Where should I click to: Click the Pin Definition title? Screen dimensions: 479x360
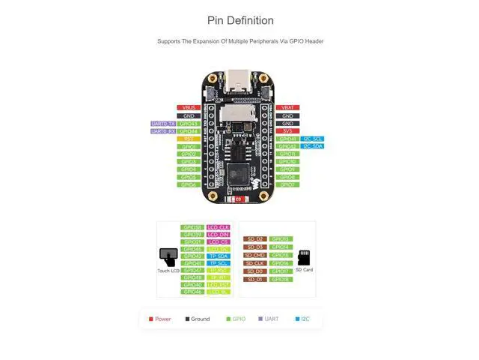[x=240, y=20]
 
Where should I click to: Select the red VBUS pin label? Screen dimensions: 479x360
[x=189, y=108]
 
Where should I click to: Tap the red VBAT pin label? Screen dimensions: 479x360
[x=287, y=108]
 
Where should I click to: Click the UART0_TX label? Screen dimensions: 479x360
[x=163, y=124]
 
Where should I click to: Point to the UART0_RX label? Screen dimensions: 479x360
[x=163, y=131]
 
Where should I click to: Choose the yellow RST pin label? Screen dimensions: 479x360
[x=189, y=139]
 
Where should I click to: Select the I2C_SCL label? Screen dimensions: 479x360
[x=313, y=139]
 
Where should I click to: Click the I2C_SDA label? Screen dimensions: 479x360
[x=313, y=146]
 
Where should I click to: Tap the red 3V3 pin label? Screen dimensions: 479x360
[x=287, y=131]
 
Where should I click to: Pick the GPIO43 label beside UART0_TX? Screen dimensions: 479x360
[x=189, y=124]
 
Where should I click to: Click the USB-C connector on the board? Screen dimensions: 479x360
[x=239, y=77]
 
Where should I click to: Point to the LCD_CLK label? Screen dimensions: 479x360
[x=219, y=227]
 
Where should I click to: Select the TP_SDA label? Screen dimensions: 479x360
[x=219, y=256]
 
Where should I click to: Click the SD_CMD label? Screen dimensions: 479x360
[x=254, y=255]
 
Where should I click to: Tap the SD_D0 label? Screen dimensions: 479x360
[x=254, y=271]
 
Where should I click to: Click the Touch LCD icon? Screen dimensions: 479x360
[x=168, y=257]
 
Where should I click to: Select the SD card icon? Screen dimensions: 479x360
[x=304, y=257]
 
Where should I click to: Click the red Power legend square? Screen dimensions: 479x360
[x=151, y=319]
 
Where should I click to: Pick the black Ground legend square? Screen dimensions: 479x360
[x=187, y=319]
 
